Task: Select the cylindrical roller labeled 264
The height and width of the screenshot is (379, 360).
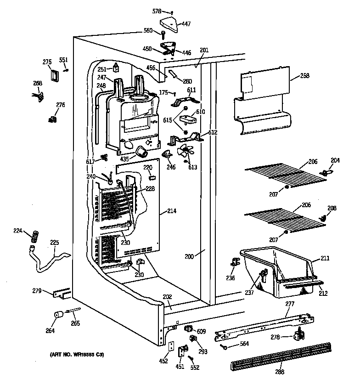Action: click(x=58, y=315)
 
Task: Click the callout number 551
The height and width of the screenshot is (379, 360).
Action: click(x=63, y=60)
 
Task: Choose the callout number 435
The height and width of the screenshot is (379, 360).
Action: click(x=124, y=158)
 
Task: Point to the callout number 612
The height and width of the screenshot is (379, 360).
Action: click(x=212, y=132)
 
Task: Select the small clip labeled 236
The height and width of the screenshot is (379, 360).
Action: click(x=236, y=263)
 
